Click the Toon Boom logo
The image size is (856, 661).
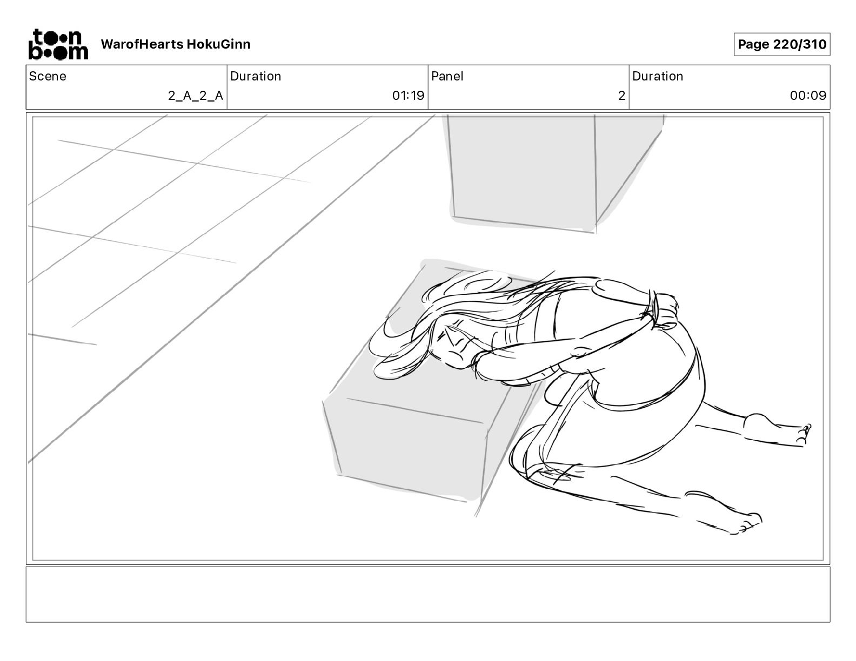[x=58, y=44]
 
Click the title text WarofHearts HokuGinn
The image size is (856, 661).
[x=176, y=44]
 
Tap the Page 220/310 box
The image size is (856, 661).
[x=781, y=44]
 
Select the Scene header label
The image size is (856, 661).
[x=48, y=76]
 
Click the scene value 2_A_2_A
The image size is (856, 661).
[x=195, y=96]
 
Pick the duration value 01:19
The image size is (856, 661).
[x=408, y=96]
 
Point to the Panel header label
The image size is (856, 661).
[x=447, y=76]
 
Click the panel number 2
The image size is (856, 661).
[x=621, y=96]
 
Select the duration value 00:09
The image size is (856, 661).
[x=808, y=96]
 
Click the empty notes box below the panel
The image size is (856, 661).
[x=427, y=594]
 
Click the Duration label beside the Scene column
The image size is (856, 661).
[x=256, y=76]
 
